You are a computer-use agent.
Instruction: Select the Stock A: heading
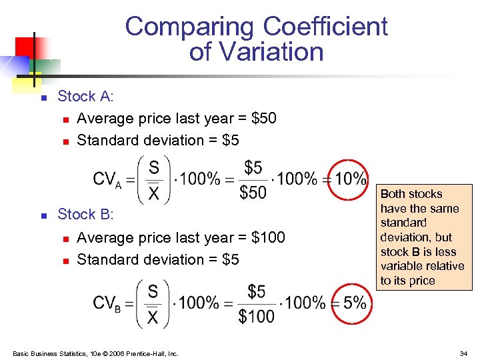point(86,97)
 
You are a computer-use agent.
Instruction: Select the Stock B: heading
point(86,215)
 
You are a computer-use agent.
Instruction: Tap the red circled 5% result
point(350,303)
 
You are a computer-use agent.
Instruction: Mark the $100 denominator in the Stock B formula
point(256,316)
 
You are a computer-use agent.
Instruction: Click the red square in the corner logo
point(25,46)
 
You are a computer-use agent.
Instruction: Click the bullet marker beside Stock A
point(43,98)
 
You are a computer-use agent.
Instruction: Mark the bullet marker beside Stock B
point(43,216)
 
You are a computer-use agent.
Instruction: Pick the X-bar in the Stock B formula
point(153,317)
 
